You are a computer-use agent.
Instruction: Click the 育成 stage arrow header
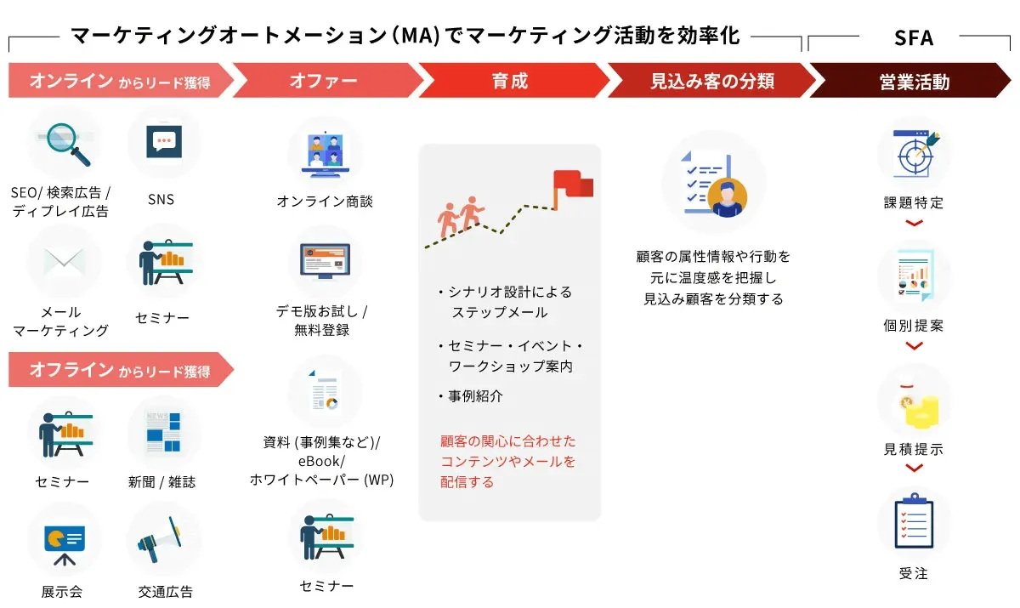pos(510,82)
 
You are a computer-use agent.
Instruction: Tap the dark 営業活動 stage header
pos(914,82)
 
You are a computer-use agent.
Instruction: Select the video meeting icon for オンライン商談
pos(325,153)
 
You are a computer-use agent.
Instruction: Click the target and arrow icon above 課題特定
pos(914,153)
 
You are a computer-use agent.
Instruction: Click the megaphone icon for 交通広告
pos(164,539)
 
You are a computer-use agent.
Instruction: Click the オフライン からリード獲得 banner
pos(119,371)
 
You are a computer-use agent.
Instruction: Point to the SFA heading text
pos(914,37)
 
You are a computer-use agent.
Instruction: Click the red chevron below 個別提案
pos(914,346)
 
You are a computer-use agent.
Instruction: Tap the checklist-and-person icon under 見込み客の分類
pos(714,183)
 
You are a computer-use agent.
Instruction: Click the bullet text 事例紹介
pos(475,396)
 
